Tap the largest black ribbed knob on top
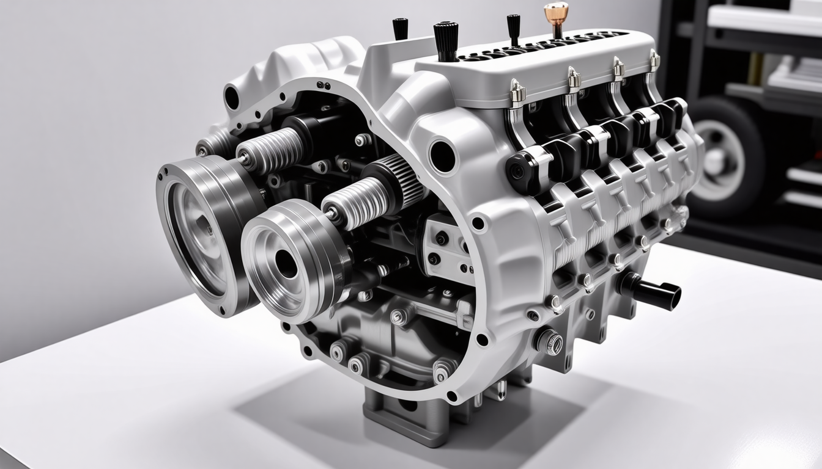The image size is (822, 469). pos(446,38)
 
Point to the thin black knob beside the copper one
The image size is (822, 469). pos(513,27)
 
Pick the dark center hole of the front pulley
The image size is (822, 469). pos(286,263)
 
